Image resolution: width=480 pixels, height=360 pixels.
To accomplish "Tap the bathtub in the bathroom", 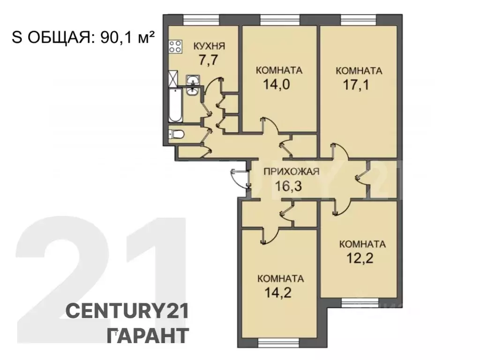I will (x=175, y=104).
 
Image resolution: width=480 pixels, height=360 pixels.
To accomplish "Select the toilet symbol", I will (x=177, y=135).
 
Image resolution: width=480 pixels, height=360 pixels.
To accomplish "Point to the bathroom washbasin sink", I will (x=193, y=86).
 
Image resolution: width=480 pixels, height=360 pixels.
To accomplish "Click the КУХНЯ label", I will (x=210, y=46).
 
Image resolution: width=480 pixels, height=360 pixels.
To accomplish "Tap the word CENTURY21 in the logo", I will (x=127, y=311).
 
